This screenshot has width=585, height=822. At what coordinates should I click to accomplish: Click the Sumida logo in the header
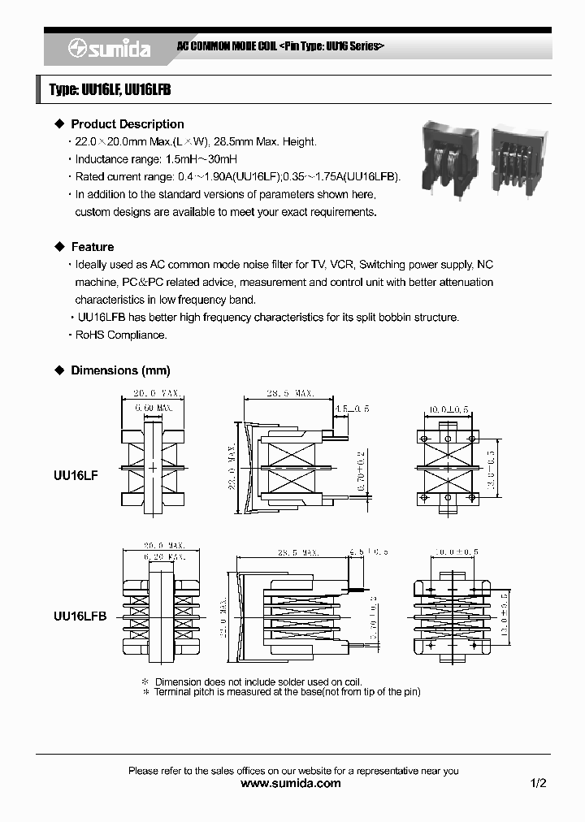click(108, 50)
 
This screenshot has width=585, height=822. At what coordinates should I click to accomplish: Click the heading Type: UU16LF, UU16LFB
click(110, 91)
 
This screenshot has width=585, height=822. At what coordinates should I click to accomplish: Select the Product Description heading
click(127, 124)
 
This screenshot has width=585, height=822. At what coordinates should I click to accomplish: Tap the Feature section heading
click(92, 247)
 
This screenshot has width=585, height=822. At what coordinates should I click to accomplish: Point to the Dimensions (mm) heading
click(120, 370)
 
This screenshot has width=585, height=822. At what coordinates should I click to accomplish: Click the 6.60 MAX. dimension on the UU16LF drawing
click(154, 407)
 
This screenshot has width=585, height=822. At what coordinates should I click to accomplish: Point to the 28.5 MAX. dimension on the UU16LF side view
click(290, 394)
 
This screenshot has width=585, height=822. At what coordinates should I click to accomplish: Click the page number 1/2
click(538, 784)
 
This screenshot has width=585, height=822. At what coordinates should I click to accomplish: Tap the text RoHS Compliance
click(121, 335)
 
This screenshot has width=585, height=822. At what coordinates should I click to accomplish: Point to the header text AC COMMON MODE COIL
click(227, 46)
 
